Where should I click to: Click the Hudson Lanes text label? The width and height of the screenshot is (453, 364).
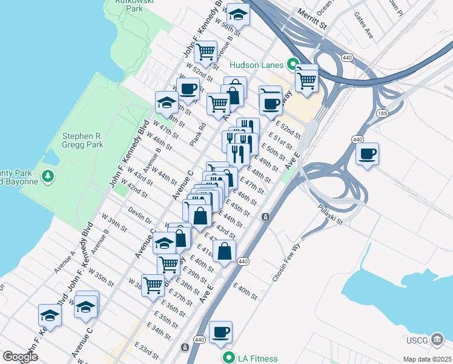tap(257, 65)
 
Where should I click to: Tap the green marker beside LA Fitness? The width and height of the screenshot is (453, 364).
tap(228, 358)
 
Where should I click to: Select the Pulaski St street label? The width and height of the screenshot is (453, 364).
tap(330, 215)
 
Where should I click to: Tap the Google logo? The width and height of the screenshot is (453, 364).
tap(20, 357)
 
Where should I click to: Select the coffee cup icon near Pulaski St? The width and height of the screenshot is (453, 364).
tap(367, 154)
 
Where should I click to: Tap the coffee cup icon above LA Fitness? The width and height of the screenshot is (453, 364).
tap(220, 332)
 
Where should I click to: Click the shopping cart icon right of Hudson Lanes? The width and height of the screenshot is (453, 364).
tap(307, 79)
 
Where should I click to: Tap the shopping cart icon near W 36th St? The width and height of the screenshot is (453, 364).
tap(153, 284)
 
